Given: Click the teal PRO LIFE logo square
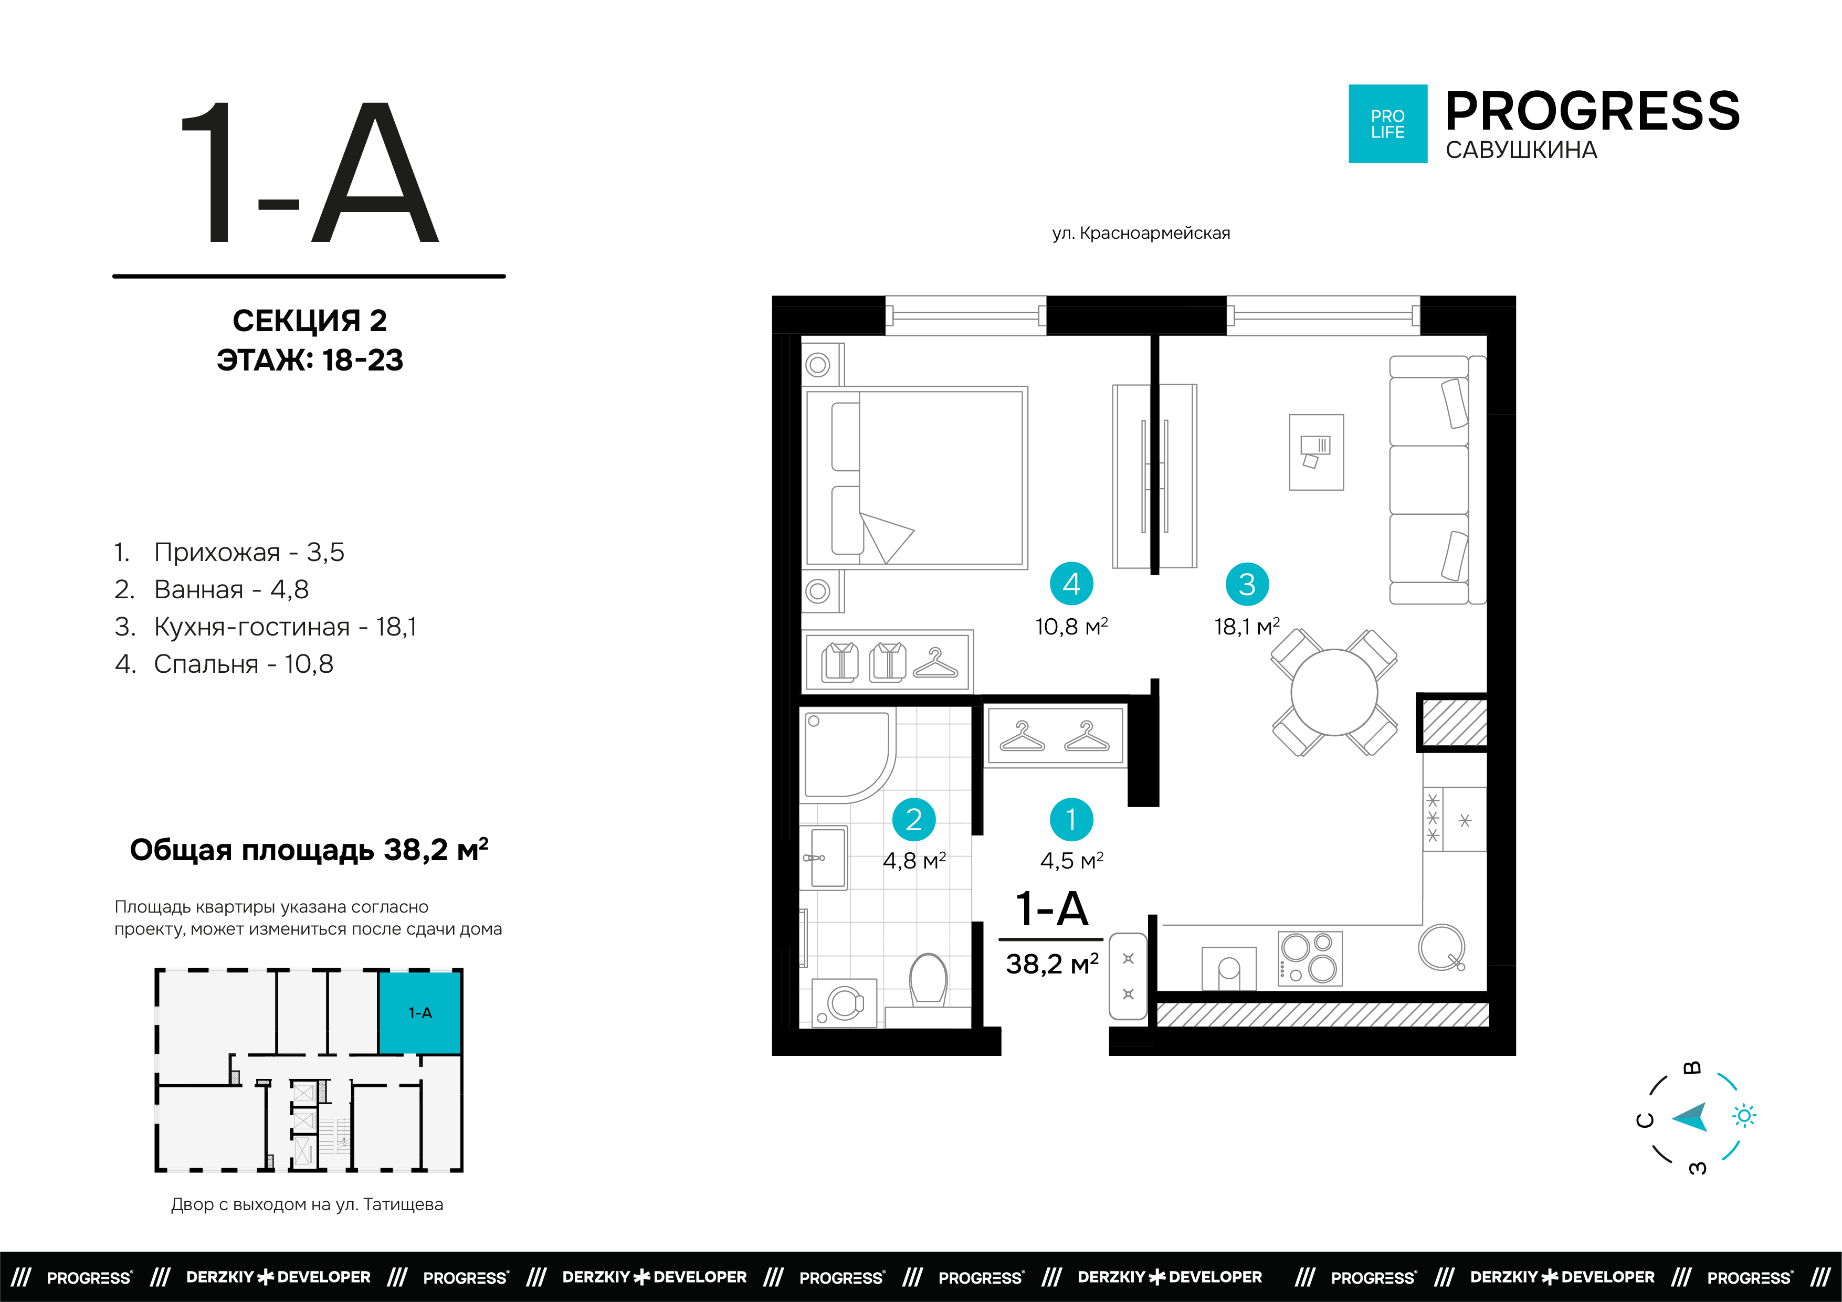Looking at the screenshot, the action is tap(1388, 123).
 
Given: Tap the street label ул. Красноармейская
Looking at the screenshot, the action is tap(1141, 234).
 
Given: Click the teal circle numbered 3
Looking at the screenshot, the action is tap(1247, 584).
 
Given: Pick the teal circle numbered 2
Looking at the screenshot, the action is tap(914, 819).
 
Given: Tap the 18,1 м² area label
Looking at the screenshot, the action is tap(1247, 627).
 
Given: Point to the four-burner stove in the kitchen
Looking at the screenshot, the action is tap(1309, 958).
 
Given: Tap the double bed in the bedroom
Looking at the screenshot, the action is tap(915, 478).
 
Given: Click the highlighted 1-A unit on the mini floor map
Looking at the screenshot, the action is tap(420, 1012).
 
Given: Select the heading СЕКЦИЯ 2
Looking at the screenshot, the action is tap(310, 321).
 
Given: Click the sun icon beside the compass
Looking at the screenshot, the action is tap(1744, 1116).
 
